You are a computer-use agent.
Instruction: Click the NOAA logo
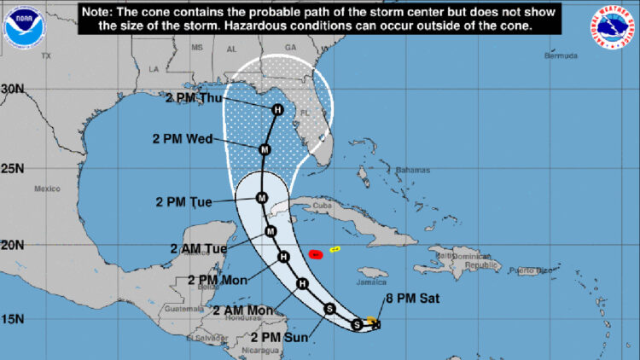(x=23, y=26)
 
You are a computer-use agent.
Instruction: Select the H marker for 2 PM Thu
(x=276, y=110)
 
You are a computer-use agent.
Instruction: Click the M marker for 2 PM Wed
(x=265, y=149)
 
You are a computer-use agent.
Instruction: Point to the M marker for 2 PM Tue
(x=262, y=200)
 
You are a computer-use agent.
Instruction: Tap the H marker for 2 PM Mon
(x=283, y=257)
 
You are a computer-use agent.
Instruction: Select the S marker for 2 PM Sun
(x=330, y=310)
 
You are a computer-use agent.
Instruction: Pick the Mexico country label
(x=47, y=188)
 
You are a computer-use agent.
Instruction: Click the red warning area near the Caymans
(x=314, y=253)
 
